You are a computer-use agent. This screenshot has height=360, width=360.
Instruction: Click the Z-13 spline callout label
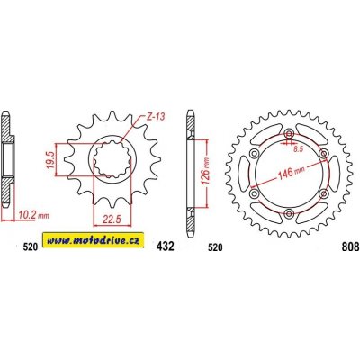click(156, 117)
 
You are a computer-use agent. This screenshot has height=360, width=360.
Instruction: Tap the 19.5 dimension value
click(50, 160)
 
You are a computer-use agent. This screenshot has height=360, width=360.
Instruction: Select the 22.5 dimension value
click(112, 220)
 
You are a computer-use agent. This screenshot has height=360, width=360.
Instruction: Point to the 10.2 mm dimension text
click(33, 215)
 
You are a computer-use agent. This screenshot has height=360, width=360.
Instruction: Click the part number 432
click(165, 247)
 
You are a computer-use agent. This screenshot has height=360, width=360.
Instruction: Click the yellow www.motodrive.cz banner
click(94, 240)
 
